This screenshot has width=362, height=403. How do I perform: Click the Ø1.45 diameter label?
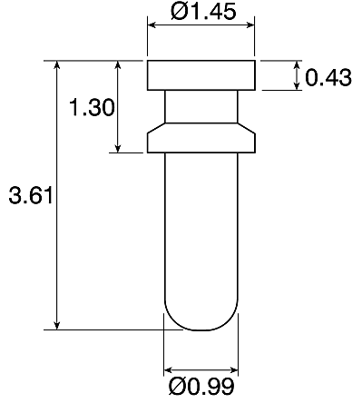203,12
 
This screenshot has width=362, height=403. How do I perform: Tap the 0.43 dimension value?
328,77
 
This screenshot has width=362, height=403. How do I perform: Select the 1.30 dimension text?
92,107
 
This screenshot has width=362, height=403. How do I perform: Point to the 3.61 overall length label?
31,195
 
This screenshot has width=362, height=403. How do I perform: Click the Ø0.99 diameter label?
201,386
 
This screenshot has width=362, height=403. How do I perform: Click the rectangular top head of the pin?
201,75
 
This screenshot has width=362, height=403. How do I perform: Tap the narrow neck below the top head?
201,107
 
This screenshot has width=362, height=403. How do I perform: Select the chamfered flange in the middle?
201,138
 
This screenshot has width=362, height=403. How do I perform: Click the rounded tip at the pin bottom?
201,318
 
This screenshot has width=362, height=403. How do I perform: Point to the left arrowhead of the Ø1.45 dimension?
152,25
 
